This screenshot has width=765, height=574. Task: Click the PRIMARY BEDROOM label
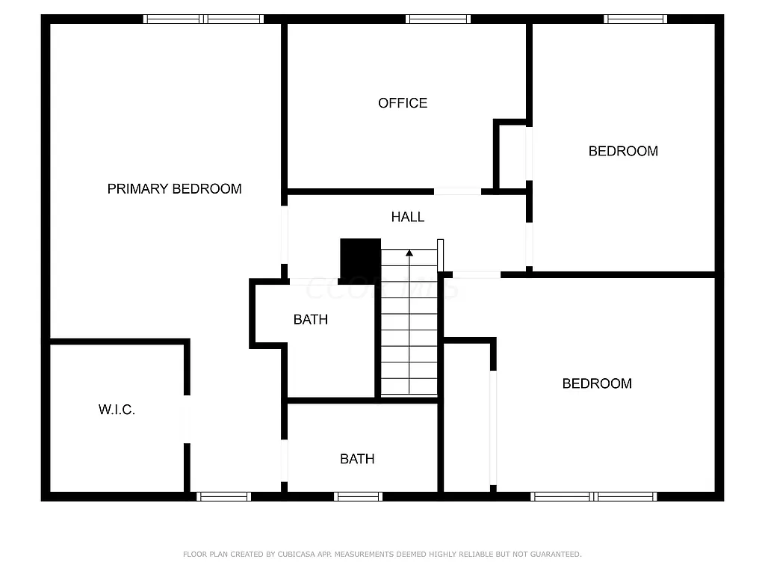(x=174, y=189)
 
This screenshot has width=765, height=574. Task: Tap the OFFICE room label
(x=403, y=103)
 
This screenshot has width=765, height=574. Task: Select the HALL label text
(x=408, y=217)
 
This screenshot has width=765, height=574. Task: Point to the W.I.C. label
(x=117, y=410)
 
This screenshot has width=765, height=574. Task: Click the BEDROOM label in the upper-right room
(x=623, y=151)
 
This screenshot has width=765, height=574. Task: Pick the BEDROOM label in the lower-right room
(x=597, y=383)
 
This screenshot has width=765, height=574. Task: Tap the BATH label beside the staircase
(x=310, y=320)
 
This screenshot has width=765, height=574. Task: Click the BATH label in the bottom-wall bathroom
(x=357, y=459)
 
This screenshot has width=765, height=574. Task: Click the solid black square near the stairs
(x=360, y=259)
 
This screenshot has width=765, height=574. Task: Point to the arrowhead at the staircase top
(x=409, y=253)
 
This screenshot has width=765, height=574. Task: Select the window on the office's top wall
(x=439, y=19)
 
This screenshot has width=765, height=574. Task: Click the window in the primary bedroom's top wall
(x=203, y=19)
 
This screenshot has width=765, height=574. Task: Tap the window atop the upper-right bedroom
(x=635, y=19)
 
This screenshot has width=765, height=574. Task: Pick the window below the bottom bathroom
(x=358, y=496)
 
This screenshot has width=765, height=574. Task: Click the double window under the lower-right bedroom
(x=594, y=496)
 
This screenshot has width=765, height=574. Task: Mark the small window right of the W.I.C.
(x=223, y=496)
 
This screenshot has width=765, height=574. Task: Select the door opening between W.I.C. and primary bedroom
(x=186, y=420)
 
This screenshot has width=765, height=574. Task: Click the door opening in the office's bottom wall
(x=458, y=192)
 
